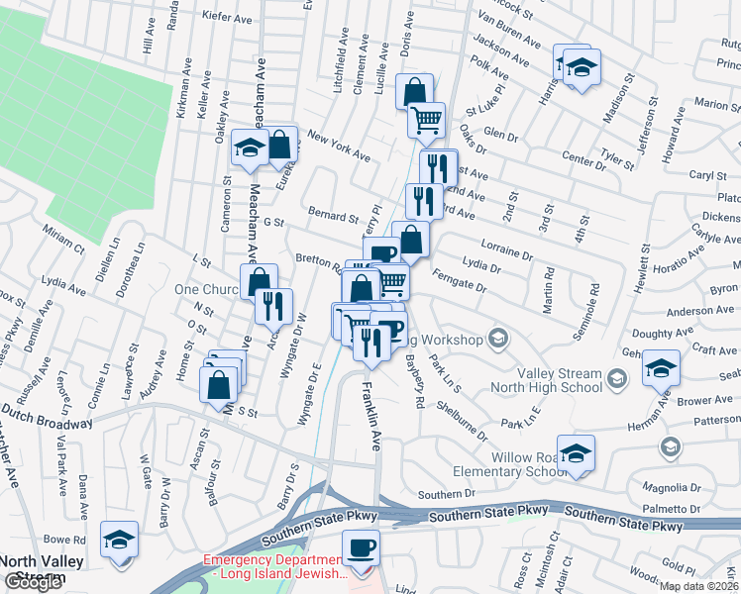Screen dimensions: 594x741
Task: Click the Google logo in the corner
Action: [32, 583]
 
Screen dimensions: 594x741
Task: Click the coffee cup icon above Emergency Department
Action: [361, 546]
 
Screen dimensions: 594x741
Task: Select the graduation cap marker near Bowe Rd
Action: [120, 539]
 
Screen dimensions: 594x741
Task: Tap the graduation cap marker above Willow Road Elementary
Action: [576, 452]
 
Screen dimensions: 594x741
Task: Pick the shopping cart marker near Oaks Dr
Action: [426, 119]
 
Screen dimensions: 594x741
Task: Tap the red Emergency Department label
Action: [275, 566]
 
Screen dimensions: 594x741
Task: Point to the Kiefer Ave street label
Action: [223, 17]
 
